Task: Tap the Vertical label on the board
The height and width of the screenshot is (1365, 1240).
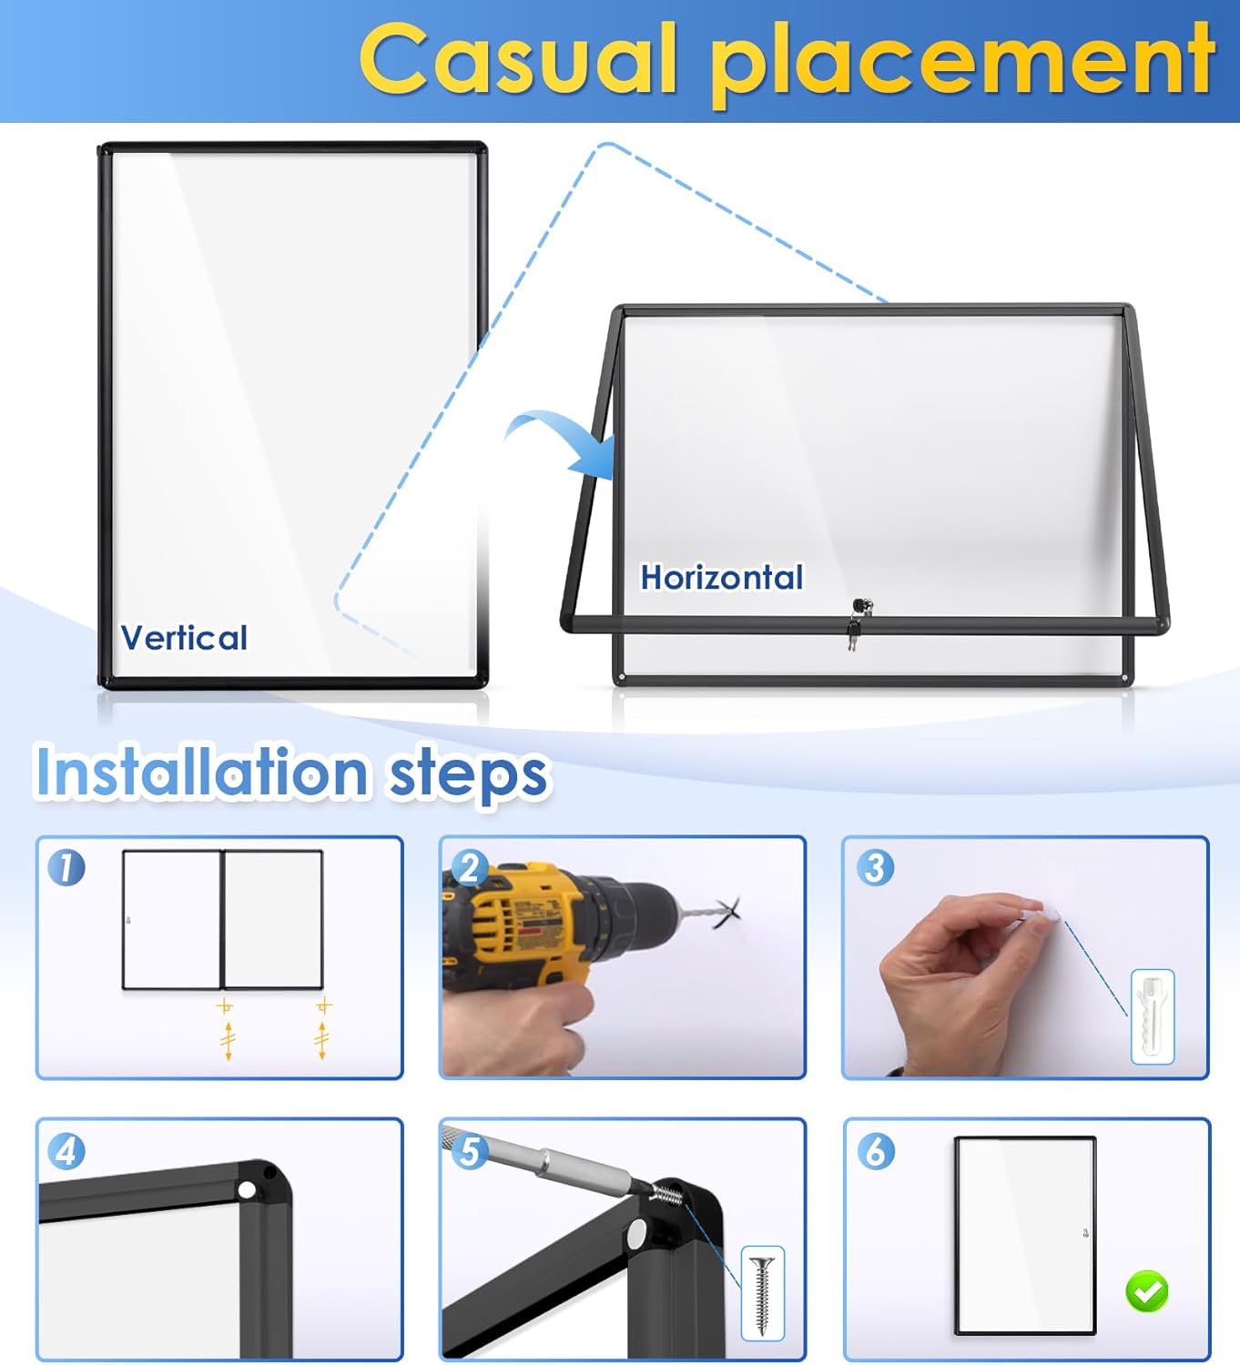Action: pos(184,638)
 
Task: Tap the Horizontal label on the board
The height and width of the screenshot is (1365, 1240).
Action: pos(721,578)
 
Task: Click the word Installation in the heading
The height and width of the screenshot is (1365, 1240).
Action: pos(201,773)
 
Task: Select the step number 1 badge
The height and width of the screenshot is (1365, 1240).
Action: pos(66,867)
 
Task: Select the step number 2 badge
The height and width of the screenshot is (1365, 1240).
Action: pos(470,867)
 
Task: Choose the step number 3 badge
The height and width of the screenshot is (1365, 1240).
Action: pos(875,867)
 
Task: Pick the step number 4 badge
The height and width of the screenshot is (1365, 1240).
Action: pos(66,1151)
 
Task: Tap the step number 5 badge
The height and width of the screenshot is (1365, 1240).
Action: pos(470,1151)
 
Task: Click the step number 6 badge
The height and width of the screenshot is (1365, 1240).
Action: pos(875,1151)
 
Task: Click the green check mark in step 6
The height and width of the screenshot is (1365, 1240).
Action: pos(1147,1290)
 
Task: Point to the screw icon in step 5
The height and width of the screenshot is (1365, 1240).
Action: pos(762,1291)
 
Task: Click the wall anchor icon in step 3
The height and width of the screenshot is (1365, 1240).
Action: pos(1152,1016)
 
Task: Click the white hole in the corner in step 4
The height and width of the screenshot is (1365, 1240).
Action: pos(247,1190)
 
